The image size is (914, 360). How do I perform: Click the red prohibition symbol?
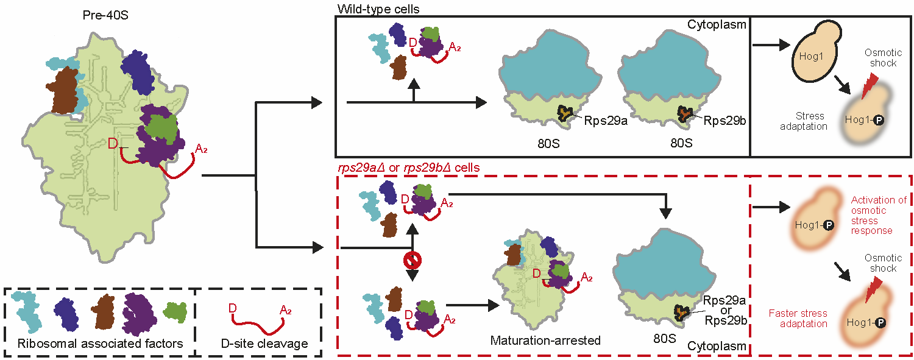413,261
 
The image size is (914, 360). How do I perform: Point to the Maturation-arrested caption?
545,340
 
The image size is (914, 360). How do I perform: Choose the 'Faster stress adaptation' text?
798,318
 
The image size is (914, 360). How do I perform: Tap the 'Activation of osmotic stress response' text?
879,215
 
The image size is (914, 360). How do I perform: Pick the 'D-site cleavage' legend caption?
264,344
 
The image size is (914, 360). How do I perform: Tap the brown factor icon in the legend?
104,311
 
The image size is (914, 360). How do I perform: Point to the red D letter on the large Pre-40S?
112,144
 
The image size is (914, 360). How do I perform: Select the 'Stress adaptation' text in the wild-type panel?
810,121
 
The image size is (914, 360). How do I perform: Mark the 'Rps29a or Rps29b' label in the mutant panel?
724,310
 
